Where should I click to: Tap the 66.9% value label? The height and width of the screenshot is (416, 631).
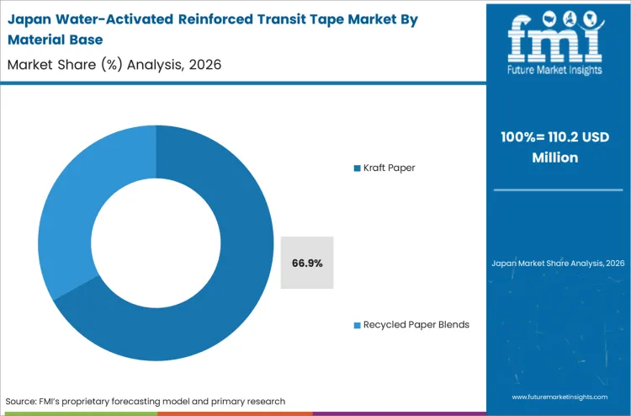tap(307, 263)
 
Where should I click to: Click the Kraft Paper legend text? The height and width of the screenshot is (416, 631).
tap(390, 168)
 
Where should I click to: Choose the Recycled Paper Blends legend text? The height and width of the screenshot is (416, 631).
tap(416, 324)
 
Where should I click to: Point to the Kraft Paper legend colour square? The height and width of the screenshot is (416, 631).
tap(358, 168)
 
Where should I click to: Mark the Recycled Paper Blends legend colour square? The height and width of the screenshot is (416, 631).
tap(358, 324)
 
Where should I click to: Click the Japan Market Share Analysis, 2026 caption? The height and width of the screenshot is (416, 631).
tap(558, 264)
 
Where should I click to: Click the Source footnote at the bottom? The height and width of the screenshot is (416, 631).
tap(145, 401)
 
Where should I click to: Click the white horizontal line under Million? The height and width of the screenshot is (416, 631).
tap(558, 190)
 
